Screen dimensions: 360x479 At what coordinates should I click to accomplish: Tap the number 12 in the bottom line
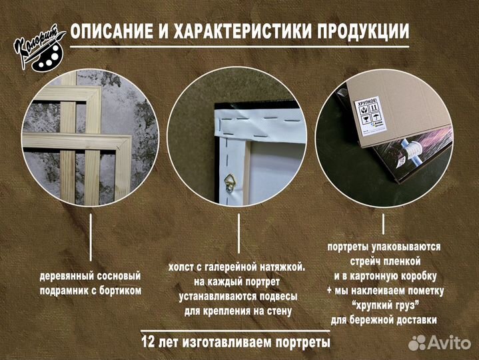(x=149, y=343)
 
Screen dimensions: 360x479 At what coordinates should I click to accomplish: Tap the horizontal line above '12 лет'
(x=236, y=330)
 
